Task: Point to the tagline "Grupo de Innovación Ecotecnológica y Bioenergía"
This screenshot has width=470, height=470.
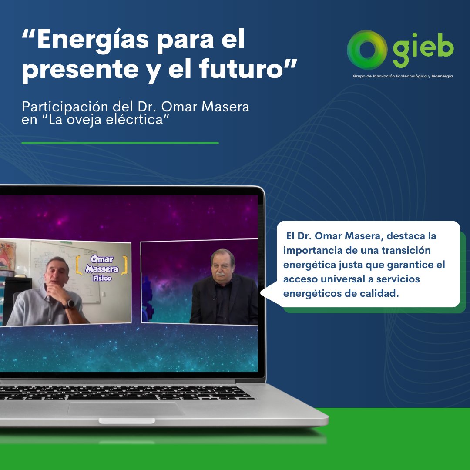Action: click(403, 76)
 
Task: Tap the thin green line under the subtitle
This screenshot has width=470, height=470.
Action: click(120, 142)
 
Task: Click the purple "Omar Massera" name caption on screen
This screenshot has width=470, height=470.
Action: click(102, 265)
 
